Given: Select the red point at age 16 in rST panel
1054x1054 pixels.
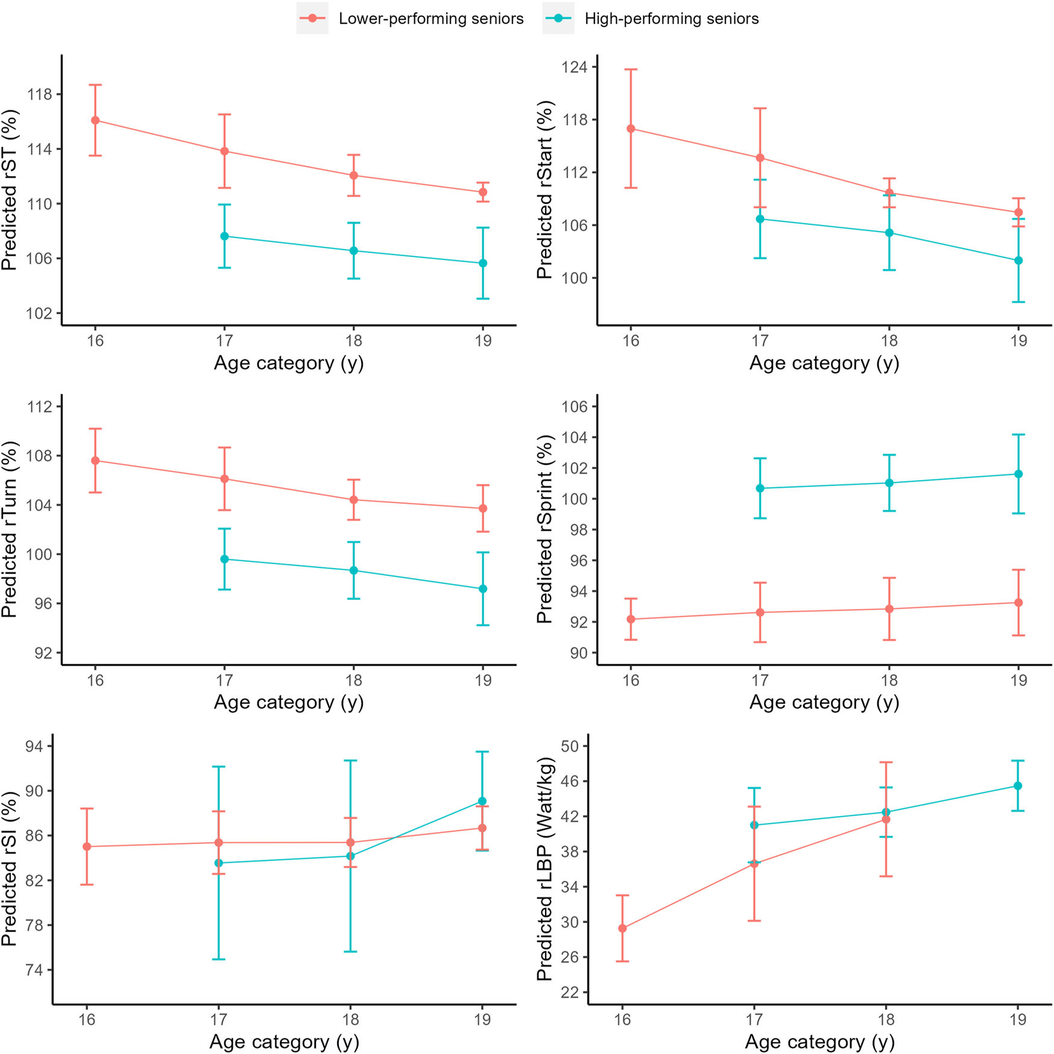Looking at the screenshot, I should point(95,121).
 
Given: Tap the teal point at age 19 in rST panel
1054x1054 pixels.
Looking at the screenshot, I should point(483,263).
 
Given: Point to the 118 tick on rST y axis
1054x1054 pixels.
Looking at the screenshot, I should point(39,95).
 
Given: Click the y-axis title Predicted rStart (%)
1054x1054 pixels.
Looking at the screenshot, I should point(544,190).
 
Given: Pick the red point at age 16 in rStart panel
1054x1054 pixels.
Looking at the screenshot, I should point(631,128).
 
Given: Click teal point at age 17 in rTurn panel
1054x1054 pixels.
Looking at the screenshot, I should point(224,560).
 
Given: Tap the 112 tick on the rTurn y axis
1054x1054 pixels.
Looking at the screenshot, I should point(39,406).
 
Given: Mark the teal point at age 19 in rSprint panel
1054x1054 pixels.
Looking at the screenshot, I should point(1018,474).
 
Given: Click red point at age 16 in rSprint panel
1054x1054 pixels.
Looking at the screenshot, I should point(631,619).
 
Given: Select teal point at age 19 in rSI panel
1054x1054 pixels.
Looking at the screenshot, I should point(482,801).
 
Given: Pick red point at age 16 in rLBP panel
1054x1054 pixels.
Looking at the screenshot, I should point(622,929).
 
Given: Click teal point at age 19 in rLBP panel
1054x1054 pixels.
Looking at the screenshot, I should point(1018,786).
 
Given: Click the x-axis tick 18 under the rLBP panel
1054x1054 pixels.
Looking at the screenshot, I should point(885,1020).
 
